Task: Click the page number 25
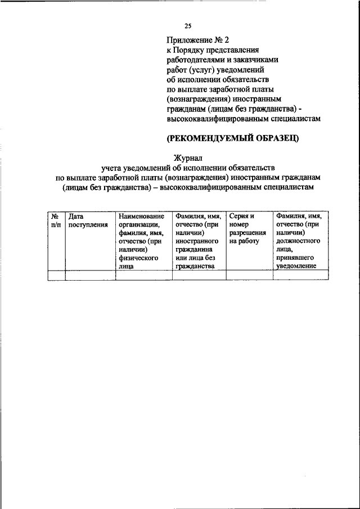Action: (188, 25)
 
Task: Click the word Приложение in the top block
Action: (188, 39)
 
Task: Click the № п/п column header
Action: (56, 220)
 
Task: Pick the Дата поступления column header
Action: (88, 220)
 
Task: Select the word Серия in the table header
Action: (240, 216)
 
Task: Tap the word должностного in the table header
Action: (298, 241)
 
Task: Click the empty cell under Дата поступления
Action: (90, 275)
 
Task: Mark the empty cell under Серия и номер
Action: (249, 275)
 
